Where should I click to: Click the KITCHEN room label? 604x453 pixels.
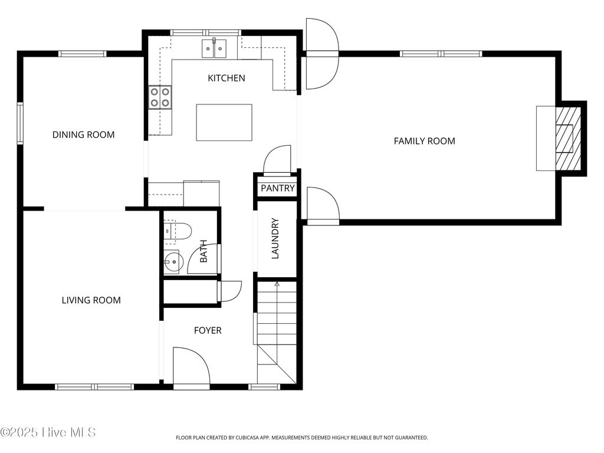tap(226, 78)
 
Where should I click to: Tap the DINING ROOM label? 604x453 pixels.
tap(84, 134)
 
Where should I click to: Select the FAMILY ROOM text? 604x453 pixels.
tap(424, 141)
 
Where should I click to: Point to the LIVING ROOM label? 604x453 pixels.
tap(91, 300)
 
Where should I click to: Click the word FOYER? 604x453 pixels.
tap(208, 330)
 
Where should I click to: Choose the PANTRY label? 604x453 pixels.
tap(277, 189)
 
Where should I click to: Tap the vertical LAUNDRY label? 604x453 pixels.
tap(275, 239)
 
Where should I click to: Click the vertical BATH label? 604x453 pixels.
tap(203, 251)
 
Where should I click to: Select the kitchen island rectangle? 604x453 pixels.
tap(224, 122)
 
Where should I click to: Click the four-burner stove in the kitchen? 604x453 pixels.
tap(160, 97)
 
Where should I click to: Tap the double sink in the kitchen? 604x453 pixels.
tap(215, 48)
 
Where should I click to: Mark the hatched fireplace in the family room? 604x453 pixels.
tap(568, 139)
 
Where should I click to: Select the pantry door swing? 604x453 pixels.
tap(277, 160)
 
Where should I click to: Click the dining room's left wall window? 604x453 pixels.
tap(19, 123)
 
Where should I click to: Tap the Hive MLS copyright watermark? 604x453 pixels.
tap(48, 433)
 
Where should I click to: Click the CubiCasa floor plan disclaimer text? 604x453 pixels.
tap(301, 438)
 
